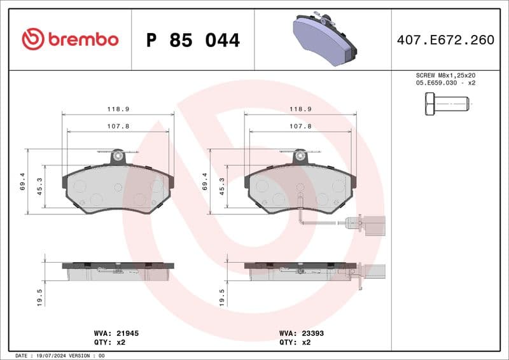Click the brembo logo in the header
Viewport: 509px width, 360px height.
(70, 39)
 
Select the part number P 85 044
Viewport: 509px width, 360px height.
(193, 40)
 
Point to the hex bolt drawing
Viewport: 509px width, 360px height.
(446, 103)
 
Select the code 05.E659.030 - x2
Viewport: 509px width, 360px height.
(445, 83)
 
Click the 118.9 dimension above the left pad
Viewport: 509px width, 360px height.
(118, 109)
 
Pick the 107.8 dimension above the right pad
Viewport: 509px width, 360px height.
(300, 127)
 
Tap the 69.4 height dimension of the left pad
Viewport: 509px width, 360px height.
(23, 182)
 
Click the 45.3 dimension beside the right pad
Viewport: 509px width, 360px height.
(222, 185)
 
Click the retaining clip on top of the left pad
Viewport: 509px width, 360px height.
(117, 155)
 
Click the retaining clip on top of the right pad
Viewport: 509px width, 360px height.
(300, 155)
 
